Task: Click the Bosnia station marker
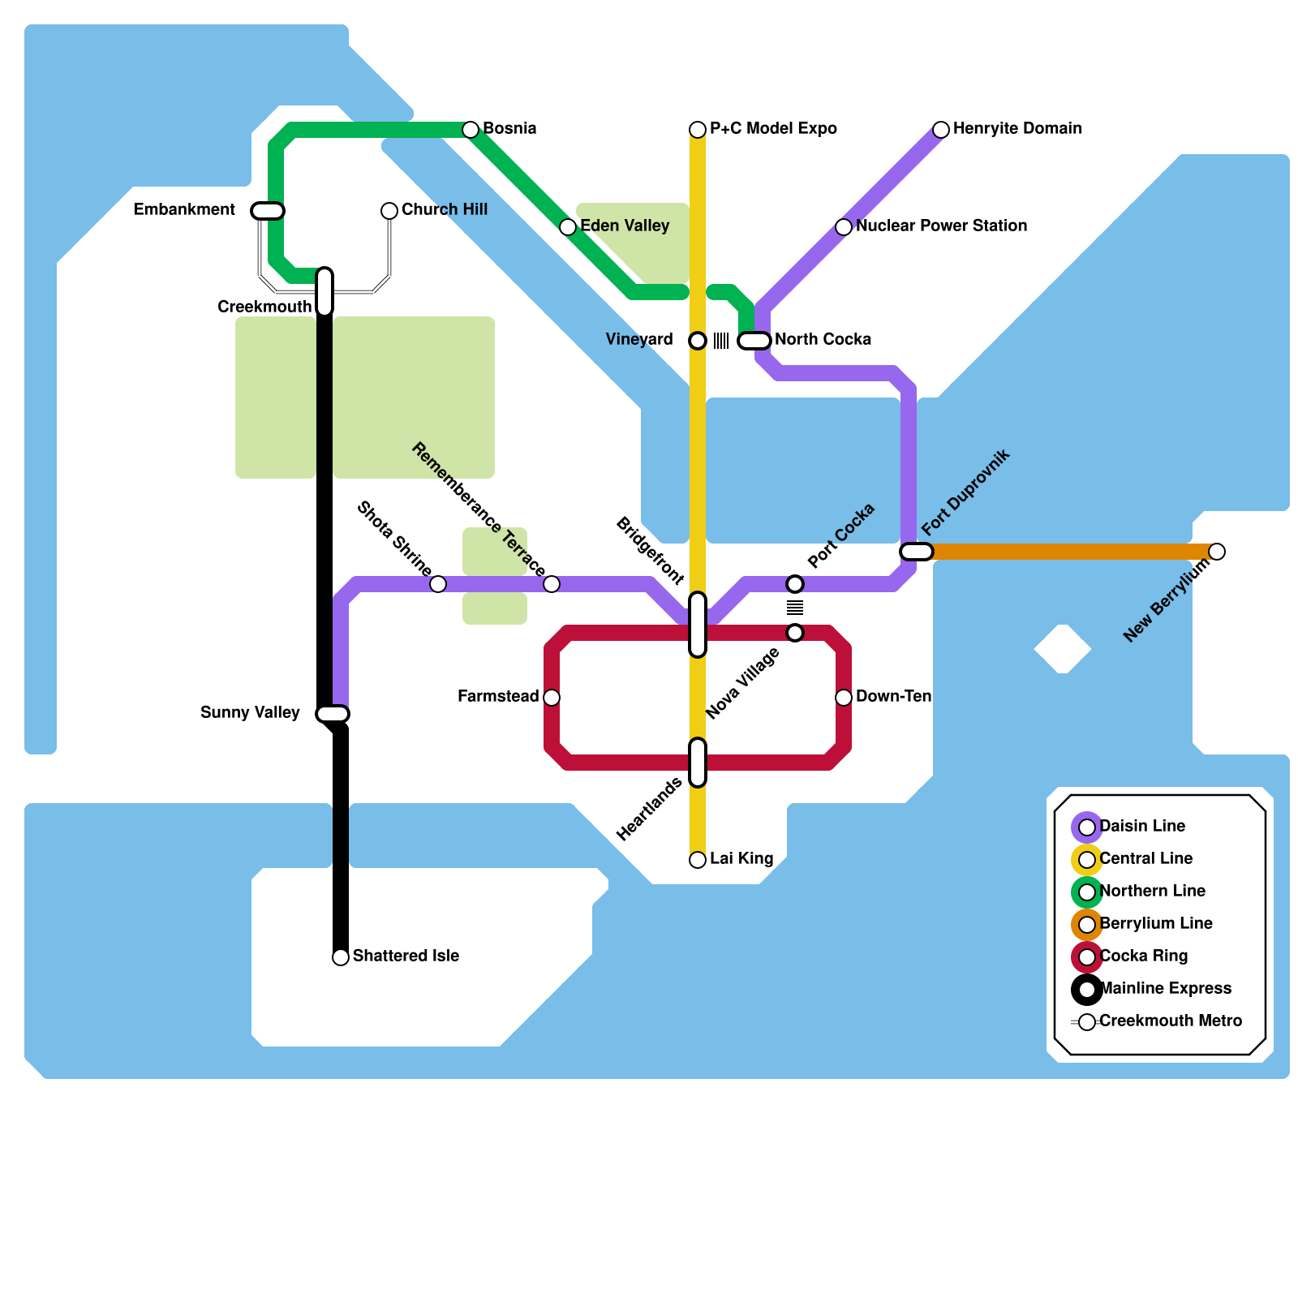[471, 130]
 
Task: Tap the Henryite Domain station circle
[941, 130]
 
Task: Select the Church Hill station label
[444, 209]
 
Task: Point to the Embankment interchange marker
[268, 211]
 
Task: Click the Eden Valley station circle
[568, 227]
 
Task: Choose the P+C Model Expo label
[772, 128]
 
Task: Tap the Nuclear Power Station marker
[844, 227]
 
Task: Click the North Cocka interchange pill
[754, 341]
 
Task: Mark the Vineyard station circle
[698, 341]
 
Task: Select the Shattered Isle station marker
[341, 957]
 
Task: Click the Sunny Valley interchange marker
[333, 714]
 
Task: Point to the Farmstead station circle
[552, 698]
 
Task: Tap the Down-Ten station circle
[844, 698]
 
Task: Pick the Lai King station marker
[698, 860]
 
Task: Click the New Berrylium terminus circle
[1217, 552]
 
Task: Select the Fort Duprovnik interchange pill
[917, 552]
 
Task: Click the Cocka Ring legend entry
[1143, 956]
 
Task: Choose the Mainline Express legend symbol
[1087, 990]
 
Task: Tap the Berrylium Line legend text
[1156, 923]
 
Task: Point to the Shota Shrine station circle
[438, 584]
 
